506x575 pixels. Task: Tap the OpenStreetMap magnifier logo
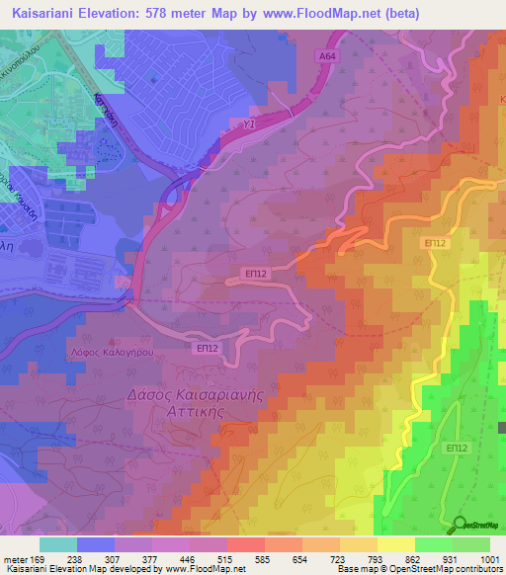(461, 524)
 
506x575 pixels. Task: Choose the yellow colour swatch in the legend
(395, 544)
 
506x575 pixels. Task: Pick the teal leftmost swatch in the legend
(57, 544)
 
